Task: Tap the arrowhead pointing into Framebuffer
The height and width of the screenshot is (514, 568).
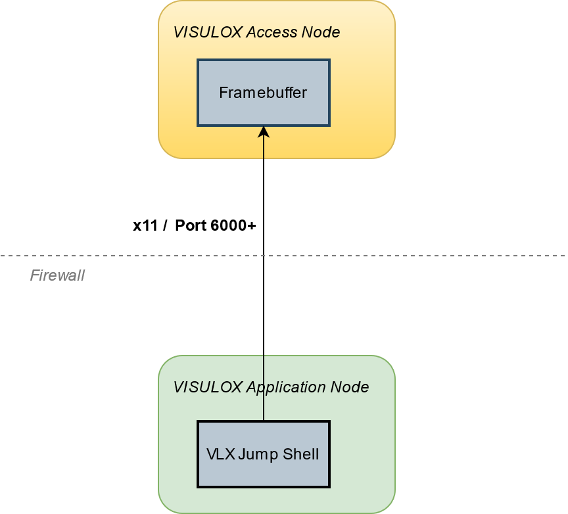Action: coord(264,131)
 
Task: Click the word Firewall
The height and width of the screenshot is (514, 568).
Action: coord(57,275)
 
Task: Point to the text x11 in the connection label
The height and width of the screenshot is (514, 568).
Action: coord(145,225)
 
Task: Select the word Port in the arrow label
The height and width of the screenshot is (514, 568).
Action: coord(191,225)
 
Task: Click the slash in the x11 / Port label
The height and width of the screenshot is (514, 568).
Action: coord(164,225)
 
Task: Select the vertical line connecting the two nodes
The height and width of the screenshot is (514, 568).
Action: coord(264,315)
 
